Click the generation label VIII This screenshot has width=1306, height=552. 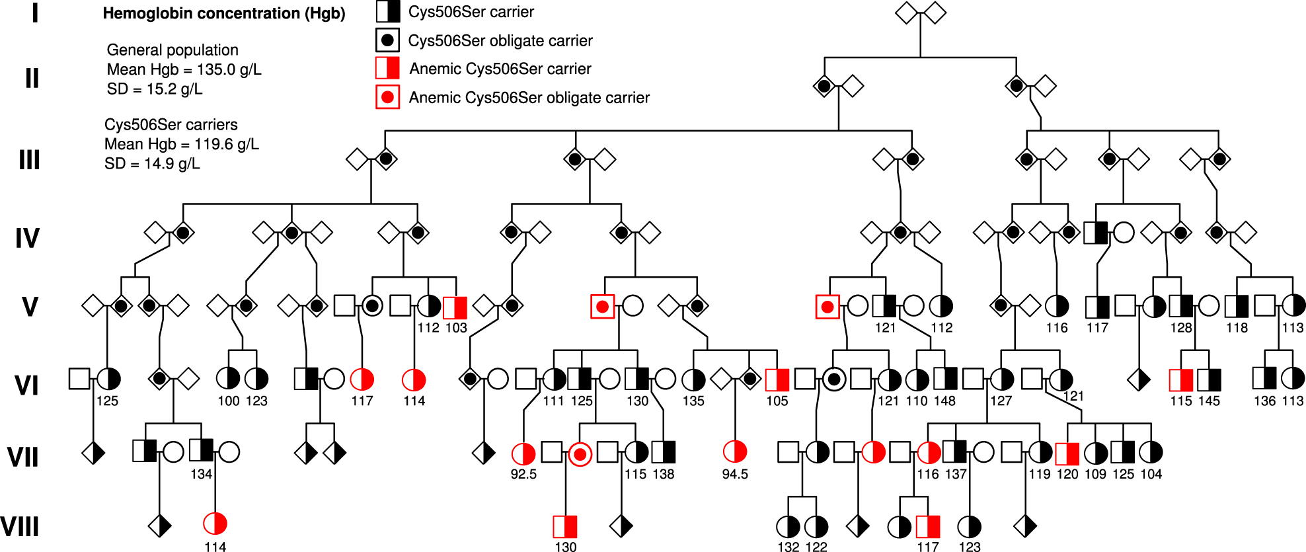[20, 527]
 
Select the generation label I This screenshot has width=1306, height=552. [34, 13]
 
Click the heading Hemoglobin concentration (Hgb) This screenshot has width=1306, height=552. [223, 13]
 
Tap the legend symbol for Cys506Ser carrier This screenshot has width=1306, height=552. [388, 11]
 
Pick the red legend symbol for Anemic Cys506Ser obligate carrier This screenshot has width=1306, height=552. [387, 97]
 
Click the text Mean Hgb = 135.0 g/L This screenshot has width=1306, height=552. [184, 69]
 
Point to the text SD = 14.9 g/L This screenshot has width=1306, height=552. [152, 163]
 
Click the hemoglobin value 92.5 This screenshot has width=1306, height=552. [523, 474]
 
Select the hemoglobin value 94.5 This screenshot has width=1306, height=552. [735, 474]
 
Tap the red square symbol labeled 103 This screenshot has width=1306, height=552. [455, 307]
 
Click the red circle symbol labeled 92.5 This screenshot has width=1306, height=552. [523, 453]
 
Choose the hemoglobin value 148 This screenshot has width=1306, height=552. [944, 401]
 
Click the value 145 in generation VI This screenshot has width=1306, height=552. [1209, 401]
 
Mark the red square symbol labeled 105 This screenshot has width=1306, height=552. [777, 380]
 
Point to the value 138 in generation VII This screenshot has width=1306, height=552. [664, 474]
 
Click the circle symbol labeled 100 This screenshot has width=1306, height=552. [229, 378]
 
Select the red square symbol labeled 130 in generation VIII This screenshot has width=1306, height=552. [565, 527]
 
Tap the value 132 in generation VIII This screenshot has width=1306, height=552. [788, 547]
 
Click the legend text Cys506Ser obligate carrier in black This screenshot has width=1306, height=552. [500, 40]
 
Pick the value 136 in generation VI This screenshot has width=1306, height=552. [1264, 401]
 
